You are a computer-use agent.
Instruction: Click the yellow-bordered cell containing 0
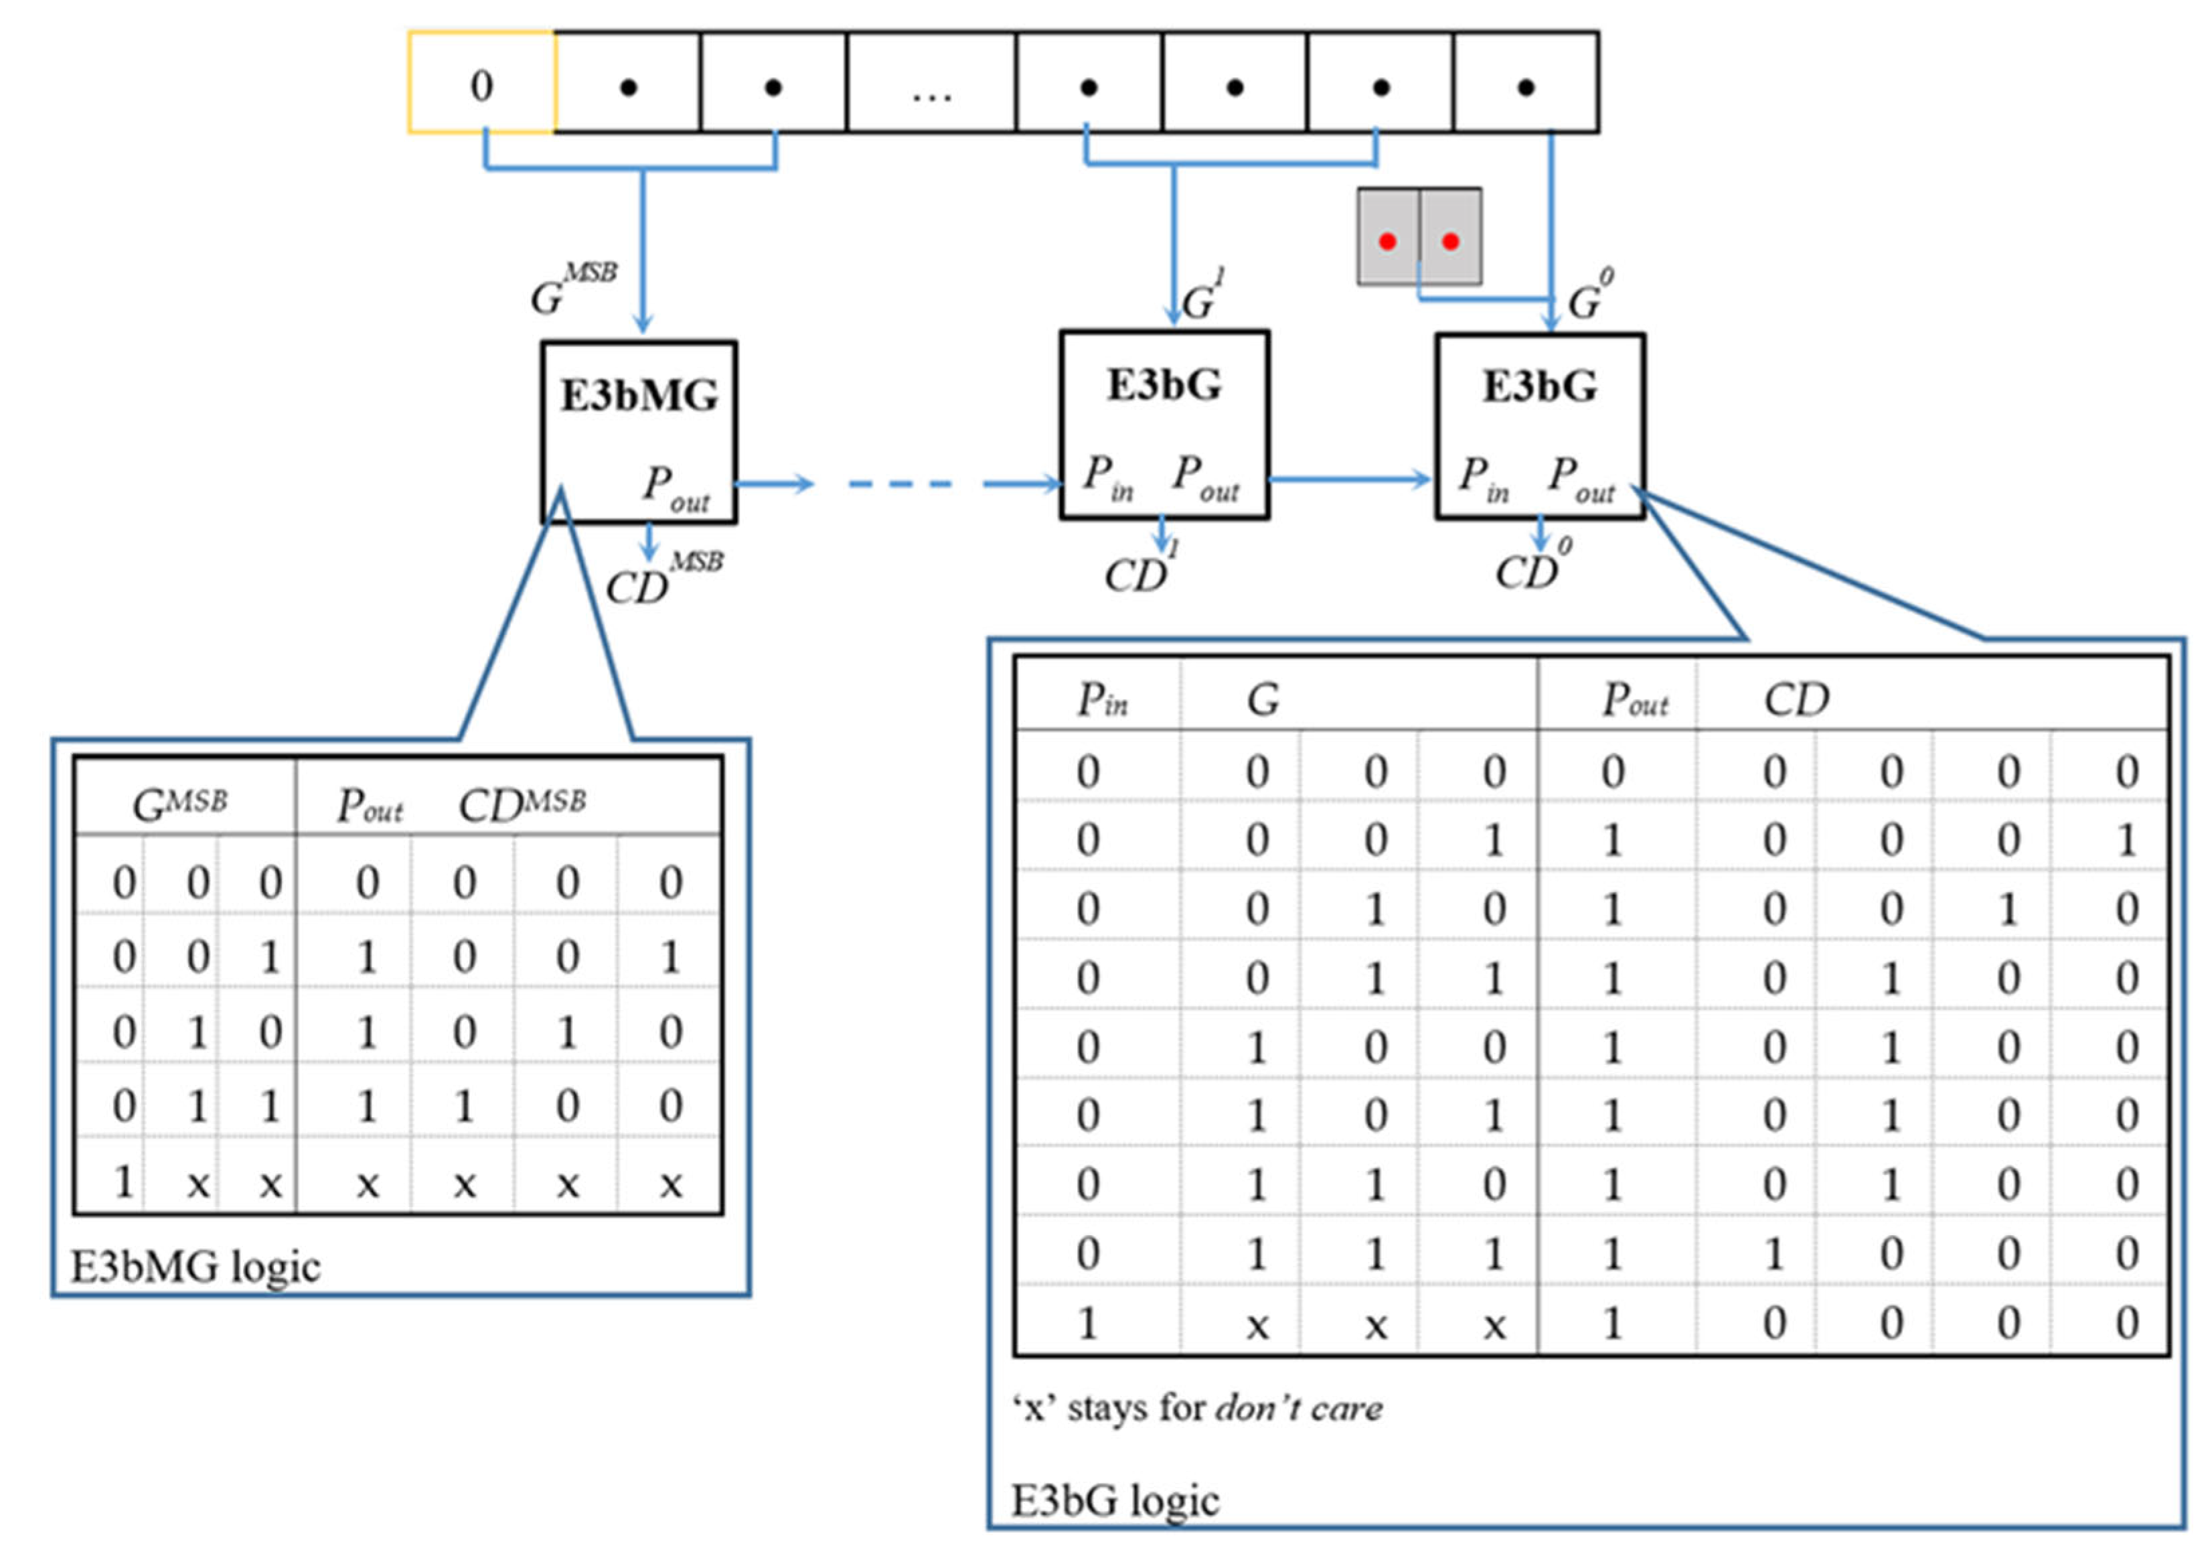pos(482,83)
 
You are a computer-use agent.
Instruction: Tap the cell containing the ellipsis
pos(931,83)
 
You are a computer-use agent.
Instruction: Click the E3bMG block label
pos(639,396)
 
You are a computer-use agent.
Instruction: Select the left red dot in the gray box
pos(1387,241)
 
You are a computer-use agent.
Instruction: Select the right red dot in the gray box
pos(1451,241)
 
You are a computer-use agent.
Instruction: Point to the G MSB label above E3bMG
pos(572,289)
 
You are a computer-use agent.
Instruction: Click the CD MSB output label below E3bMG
pos(663,578)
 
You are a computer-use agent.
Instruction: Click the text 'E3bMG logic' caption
pos(195,1267)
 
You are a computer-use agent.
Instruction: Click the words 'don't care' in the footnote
pos(1299,1408)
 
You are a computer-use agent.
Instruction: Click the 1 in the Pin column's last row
pos(1088,1323)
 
